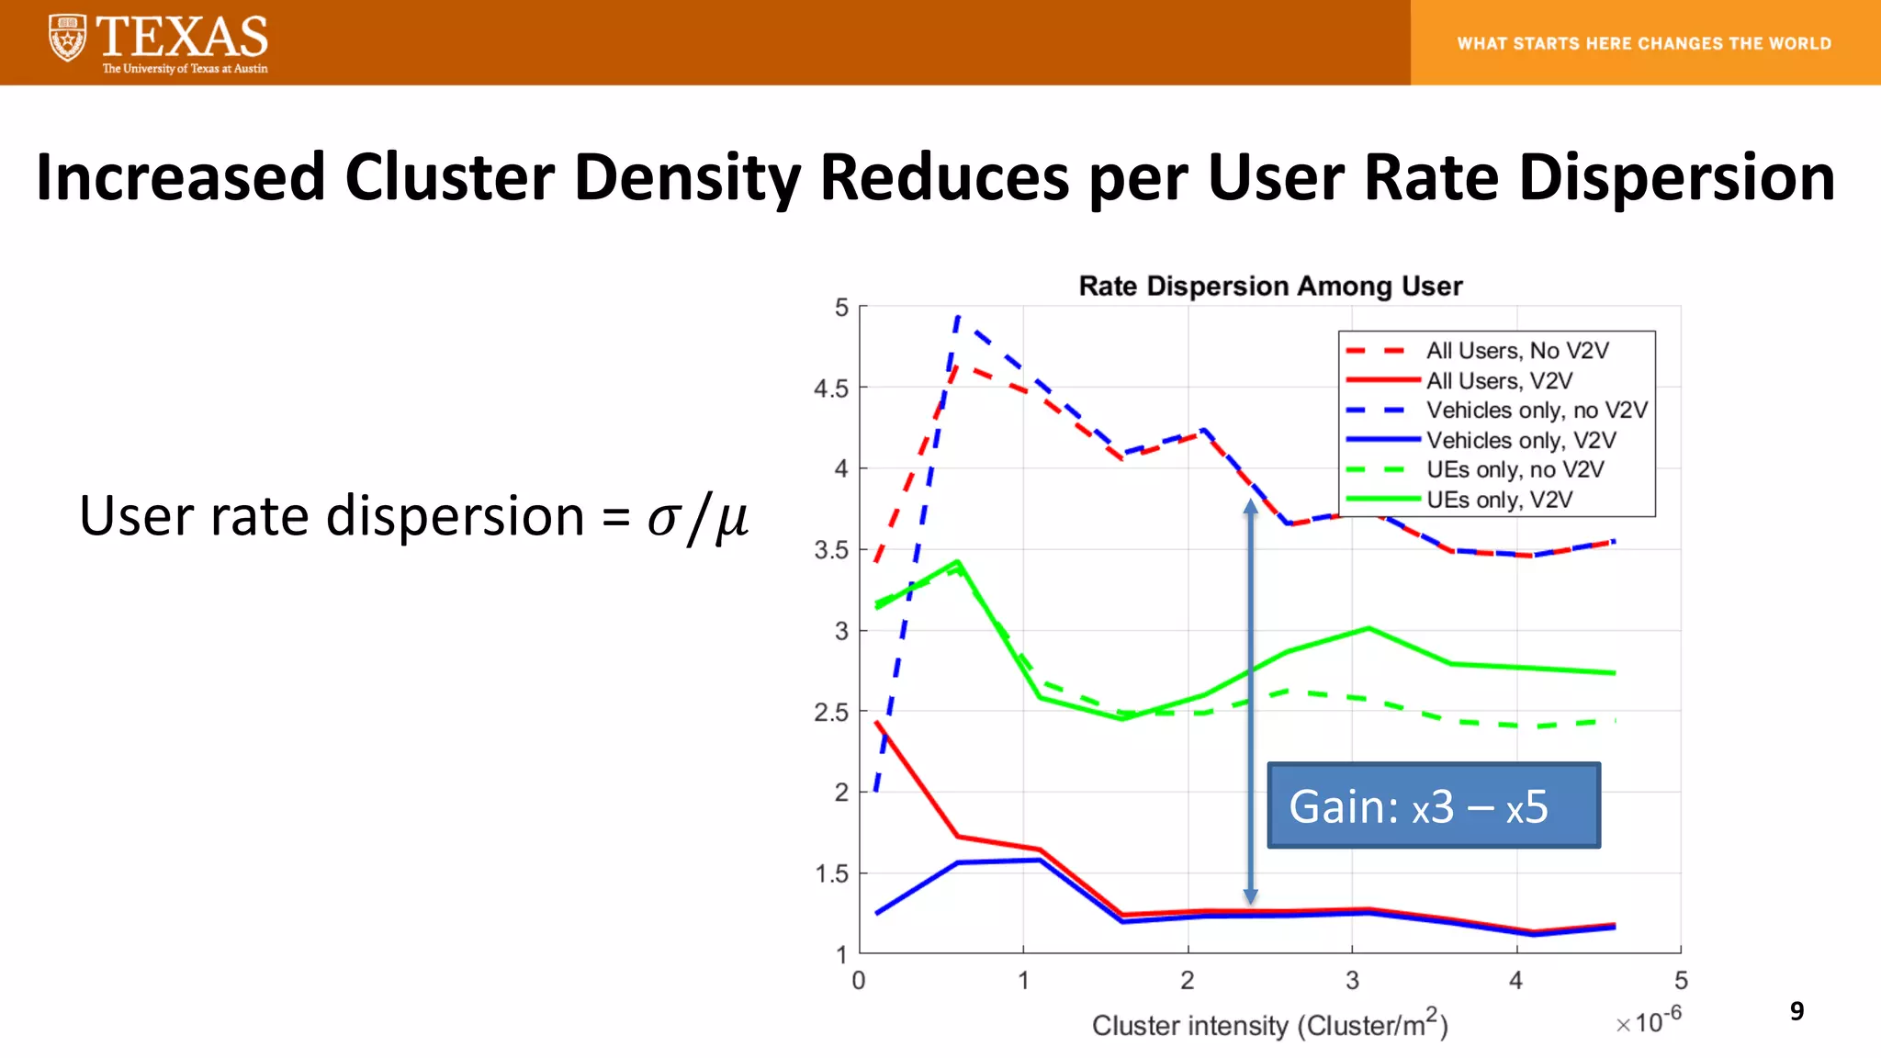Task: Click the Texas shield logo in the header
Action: point(67,39)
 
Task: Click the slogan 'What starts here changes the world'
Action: point(1644,43)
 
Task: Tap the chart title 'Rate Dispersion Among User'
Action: point(1270,287)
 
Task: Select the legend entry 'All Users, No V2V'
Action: point(1516,351)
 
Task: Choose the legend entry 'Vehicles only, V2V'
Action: point(1520,440)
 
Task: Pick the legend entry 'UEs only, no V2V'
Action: point(1515,469)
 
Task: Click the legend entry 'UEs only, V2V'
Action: point(1499,500)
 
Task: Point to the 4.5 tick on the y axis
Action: point(831,388)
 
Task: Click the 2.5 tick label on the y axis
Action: point(831,713)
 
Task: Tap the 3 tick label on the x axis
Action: point(1352,981)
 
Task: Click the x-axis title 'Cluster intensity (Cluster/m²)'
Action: point(1269,1025)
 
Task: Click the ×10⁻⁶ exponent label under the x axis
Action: point(1650,1019)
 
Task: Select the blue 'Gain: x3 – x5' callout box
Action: point(1433,805)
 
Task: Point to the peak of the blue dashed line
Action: point(958,317)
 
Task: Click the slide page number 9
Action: point(1797,1011)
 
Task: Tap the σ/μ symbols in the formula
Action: point(697,517)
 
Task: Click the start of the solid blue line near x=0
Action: point(878,913)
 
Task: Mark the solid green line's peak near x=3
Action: point(1369,628)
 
